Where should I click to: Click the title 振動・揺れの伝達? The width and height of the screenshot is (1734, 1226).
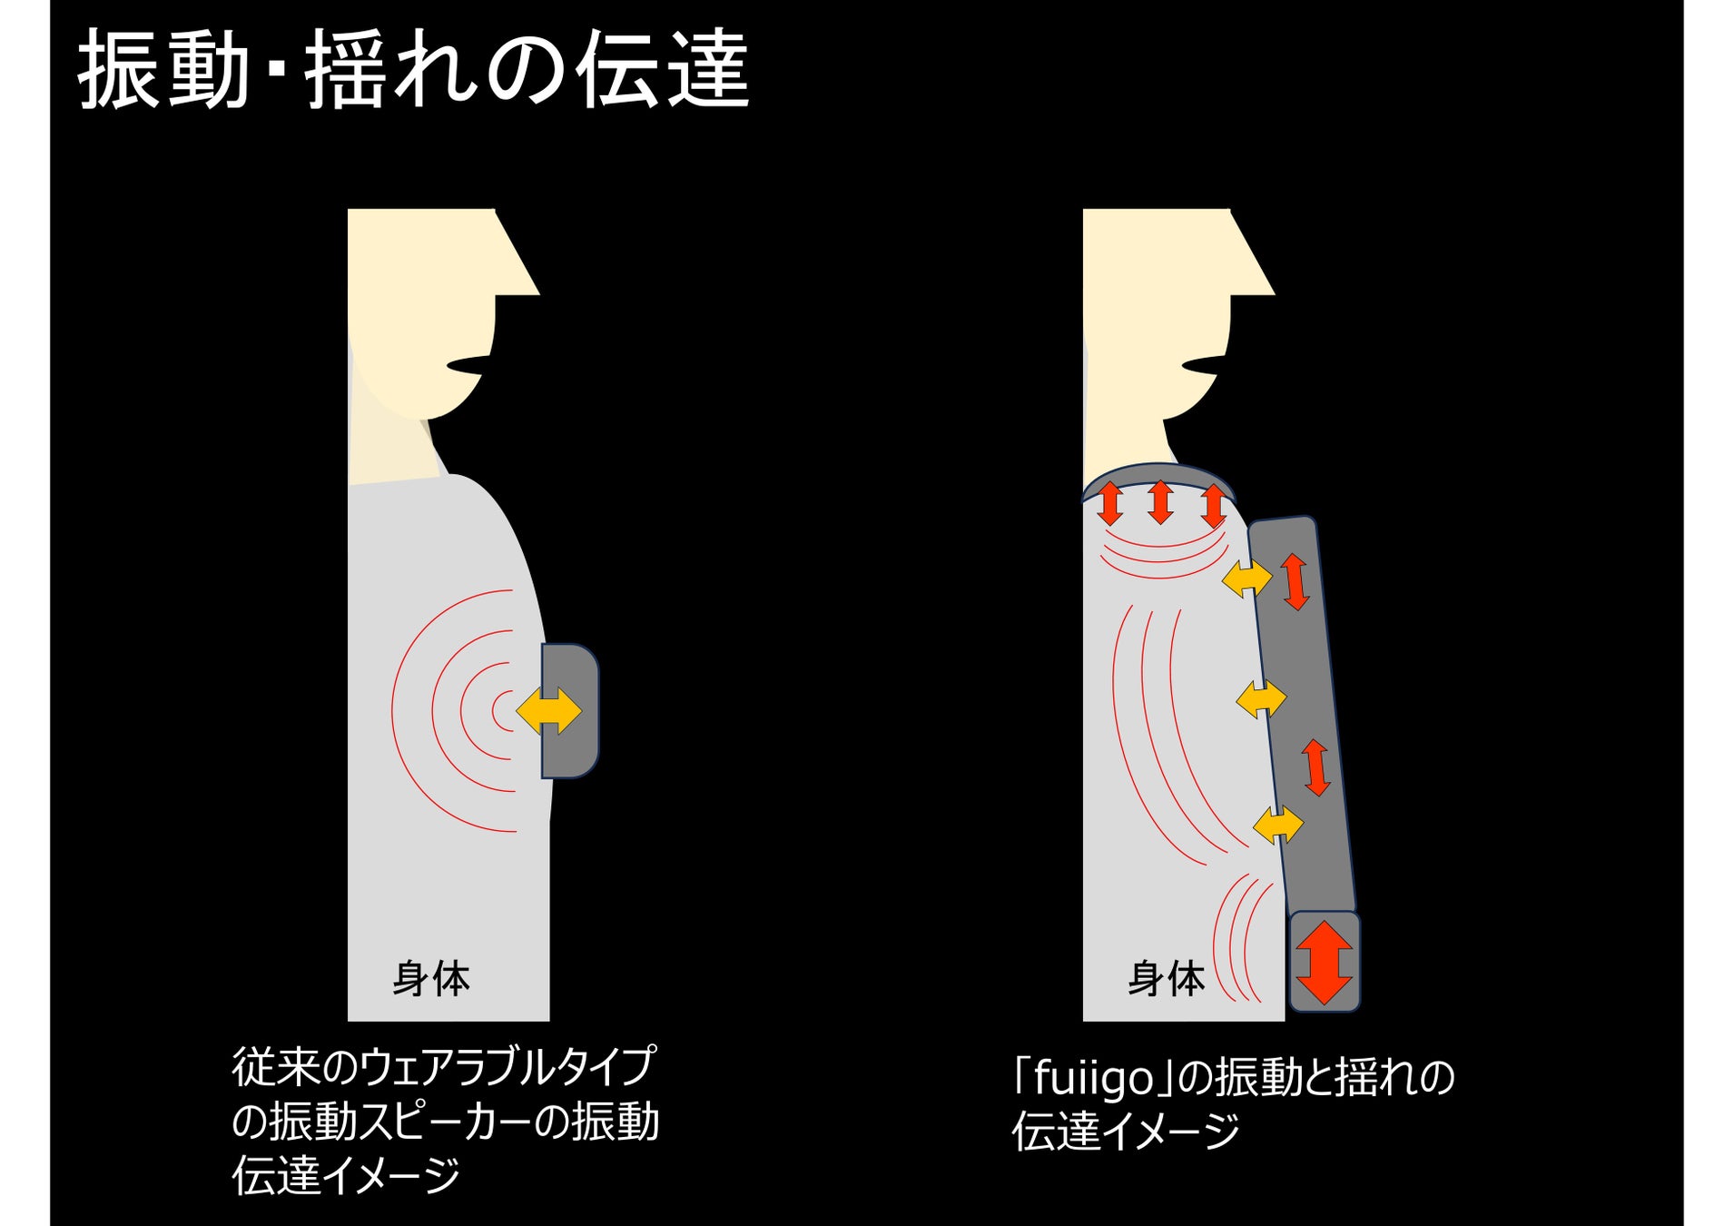pos(413,70)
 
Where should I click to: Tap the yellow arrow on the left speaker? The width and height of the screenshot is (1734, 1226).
pos(549,710)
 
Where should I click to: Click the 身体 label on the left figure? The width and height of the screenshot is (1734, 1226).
pos(431,979)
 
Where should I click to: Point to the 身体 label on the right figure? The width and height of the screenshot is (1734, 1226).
pos(1167,979)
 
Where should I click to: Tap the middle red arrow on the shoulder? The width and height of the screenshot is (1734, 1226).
pos(1160,502)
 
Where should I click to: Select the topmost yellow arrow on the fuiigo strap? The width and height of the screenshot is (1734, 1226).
pos(1246,578)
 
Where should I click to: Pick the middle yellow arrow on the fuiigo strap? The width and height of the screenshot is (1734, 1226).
pos(1261,699)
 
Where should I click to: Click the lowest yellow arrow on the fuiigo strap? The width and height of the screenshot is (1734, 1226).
pos(1277,825)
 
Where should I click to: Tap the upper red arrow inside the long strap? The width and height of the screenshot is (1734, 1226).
pos(1295,581)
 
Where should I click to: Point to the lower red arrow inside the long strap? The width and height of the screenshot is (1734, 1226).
pos(1316,767)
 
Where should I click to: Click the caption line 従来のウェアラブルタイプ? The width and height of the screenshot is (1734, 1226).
pos(443,1067)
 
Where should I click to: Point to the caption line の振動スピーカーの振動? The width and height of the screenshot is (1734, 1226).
pos(445,1122)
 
